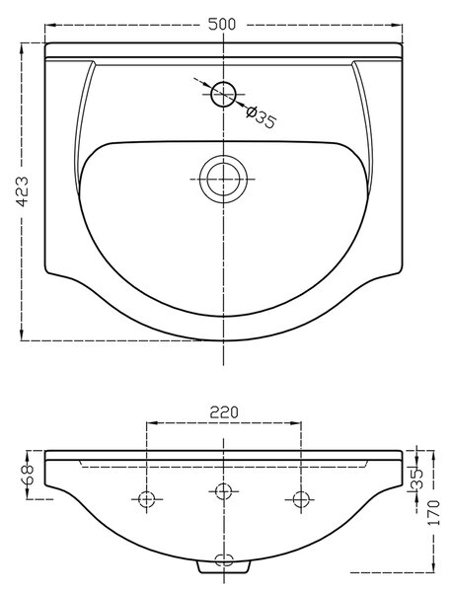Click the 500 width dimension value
(x=222, y=24)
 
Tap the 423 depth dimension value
(x=23, y=191)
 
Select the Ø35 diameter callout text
(x=261, y=116)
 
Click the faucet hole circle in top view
(x=223, y=94)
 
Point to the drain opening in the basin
(x=223, y=179)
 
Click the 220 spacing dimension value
(x=224, y=412)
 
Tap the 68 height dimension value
(x=28, y=474)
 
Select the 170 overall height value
(x=434, y=512)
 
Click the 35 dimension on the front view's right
(x=416, y=480)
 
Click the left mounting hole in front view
(x=147, y=499)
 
